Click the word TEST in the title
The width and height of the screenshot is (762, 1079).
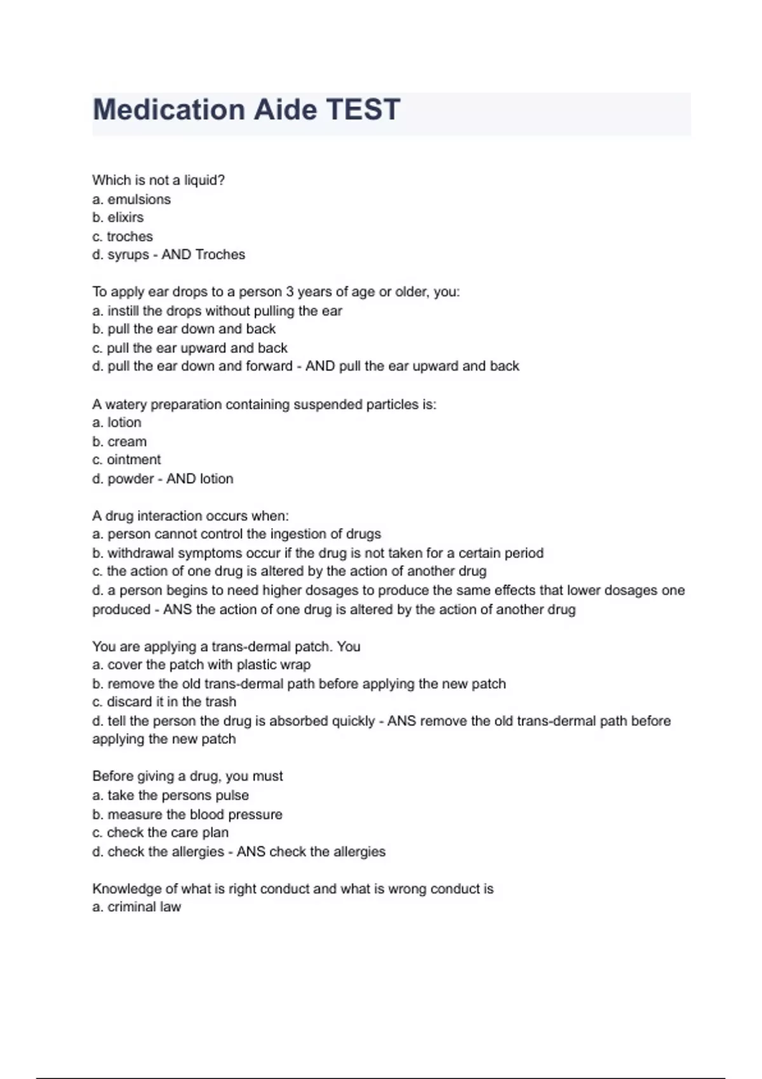[363, 110]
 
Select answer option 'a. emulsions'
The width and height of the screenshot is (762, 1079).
[131, 199]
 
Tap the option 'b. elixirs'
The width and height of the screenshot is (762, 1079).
[118, 218]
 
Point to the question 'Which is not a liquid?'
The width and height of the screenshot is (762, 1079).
[159, 180]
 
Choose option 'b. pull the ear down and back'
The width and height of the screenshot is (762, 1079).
[184, 329]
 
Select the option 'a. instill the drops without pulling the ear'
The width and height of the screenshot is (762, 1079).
[217, 311]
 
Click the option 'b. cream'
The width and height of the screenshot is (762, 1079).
[119, 442]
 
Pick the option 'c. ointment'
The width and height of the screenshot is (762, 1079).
[126, 460]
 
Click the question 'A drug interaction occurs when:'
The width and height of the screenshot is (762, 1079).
[190, 516]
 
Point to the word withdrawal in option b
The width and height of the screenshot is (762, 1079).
[140, 553]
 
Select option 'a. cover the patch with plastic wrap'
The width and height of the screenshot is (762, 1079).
[201, 665]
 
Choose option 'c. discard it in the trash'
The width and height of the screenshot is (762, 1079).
[164, 702]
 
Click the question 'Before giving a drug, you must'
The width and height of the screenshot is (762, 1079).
[187, 776]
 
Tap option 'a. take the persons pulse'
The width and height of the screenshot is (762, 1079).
[170, 795]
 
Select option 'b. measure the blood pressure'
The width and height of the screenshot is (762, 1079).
[187, 814]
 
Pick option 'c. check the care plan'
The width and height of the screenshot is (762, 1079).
[160, 833]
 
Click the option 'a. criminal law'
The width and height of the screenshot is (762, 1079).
[137, 908]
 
